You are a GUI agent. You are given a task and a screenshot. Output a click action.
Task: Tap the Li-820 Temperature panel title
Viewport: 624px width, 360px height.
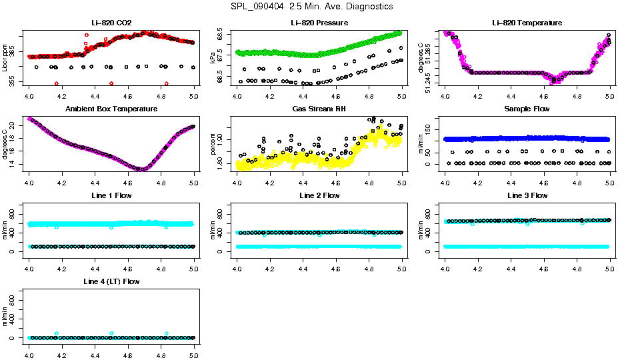click(x=527, y=23)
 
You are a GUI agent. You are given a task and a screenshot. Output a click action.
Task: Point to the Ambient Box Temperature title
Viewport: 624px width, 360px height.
click(x=111, y=109)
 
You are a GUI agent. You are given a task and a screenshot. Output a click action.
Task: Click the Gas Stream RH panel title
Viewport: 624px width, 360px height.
click(x=319, y=109)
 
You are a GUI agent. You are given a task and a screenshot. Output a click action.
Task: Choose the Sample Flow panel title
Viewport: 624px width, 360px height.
click(x=527, y=109)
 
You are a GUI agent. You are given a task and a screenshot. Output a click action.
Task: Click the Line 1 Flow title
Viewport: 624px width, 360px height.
click(x=111, y=195)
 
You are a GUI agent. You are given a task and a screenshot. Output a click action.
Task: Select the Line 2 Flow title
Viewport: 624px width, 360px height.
click(x=319, y=195)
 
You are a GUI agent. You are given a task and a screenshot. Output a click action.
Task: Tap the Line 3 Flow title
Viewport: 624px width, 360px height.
click(x=527, y=195)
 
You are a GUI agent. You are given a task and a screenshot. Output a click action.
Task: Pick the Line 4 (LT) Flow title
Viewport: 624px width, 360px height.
click(x=111, y=281)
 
